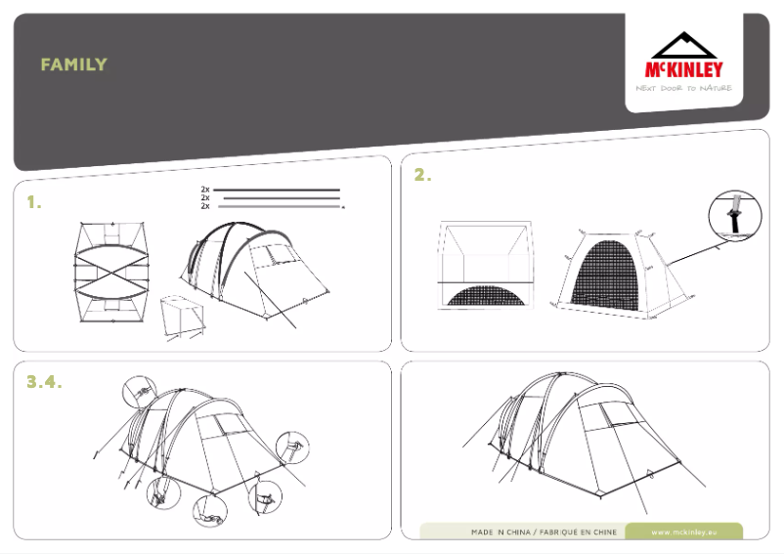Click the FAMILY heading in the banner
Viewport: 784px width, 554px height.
pos(74,64)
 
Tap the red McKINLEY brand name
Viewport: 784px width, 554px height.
pos(683,69)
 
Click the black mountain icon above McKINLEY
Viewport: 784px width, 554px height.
pos(683,45)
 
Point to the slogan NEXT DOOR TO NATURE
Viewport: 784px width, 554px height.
pos(683,88)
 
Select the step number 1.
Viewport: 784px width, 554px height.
pos(34,202)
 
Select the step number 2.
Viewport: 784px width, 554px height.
pos(422,175)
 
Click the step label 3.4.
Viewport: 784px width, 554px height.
pos(44,382)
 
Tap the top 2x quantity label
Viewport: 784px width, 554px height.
pos(205,190)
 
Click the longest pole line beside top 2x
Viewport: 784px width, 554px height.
pos(277,190)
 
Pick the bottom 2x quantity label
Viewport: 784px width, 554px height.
pos(205,206)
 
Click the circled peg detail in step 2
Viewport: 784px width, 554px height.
pos(735,216)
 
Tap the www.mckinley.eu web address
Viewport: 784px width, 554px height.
pos(683,533)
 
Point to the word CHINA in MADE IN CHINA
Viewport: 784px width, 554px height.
pos(518,533)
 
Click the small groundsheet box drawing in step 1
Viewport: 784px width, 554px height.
pos(183,317)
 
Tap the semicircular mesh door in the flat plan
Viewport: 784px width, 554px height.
pos(487,295)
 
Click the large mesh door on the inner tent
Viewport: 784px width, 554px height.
pos(603,274)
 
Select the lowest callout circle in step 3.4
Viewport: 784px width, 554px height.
pos(210,511)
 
